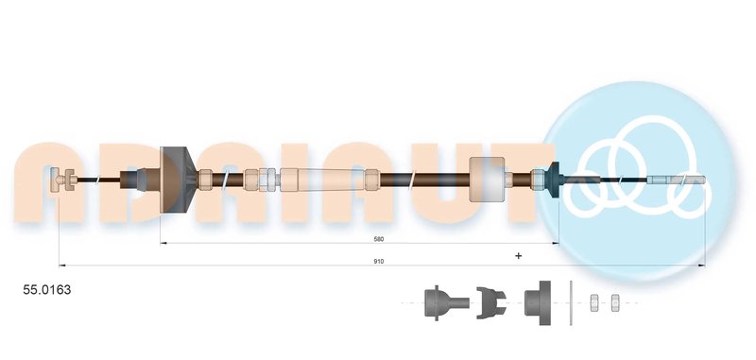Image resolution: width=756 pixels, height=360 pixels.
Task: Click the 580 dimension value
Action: tap(379, 239)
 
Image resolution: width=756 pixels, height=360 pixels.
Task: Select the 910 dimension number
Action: tap(379, 261)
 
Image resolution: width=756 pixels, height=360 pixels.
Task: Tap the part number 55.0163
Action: tap(46, 290)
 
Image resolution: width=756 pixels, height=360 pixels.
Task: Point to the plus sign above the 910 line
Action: tap(518, 255)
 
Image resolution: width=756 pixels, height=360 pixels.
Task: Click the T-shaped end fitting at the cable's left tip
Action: tap(62, 180)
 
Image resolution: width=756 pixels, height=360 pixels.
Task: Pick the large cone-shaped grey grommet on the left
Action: tap(178, 180)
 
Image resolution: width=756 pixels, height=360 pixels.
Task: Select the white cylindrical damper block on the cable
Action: tap(487, 180)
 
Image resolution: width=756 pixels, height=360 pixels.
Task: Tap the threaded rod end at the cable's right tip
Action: tap(676, 180)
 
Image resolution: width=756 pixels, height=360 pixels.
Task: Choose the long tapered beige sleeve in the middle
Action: tap(322, 180)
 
